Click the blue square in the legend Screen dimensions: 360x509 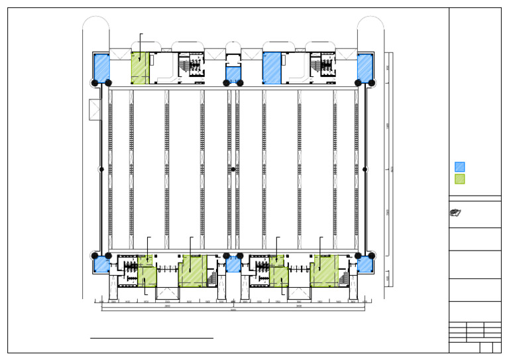460,167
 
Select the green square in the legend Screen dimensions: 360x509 460,179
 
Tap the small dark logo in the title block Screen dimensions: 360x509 455,213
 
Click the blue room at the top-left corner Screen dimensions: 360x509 101,68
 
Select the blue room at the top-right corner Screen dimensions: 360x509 365,68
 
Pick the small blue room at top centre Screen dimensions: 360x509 233,74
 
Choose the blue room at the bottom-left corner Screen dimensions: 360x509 101,265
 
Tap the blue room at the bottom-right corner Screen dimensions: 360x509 365,265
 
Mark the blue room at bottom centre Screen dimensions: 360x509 233,265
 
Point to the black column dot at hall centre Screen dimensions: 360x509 233,170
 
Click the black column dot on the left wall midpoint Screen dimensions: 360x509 101,170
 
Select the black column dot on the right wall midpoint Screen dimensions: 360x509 365,170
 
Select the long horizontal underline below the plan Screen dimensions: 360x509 152,338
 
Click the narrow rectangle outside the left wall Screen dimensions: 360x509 94,109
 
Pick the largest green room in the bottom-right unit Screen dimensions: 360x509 325,270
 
